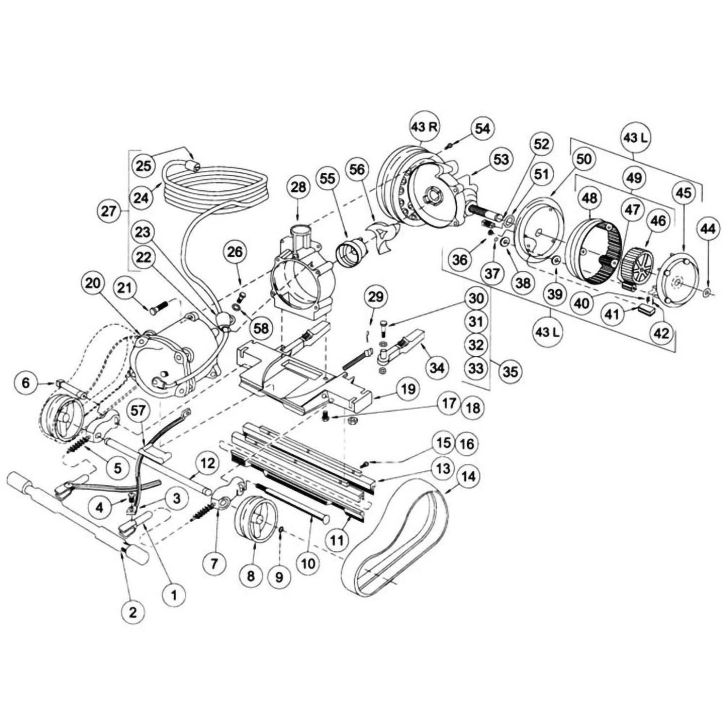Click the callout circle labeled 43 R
tap(425, 128)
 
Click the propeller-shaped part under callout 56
tap(381, 236)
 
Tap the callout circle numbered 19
tap(407, 389)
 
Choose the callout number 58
tap(261, 328)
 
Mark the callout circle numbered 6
tap(26, 383)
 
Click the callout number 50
tap(584, 159)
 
